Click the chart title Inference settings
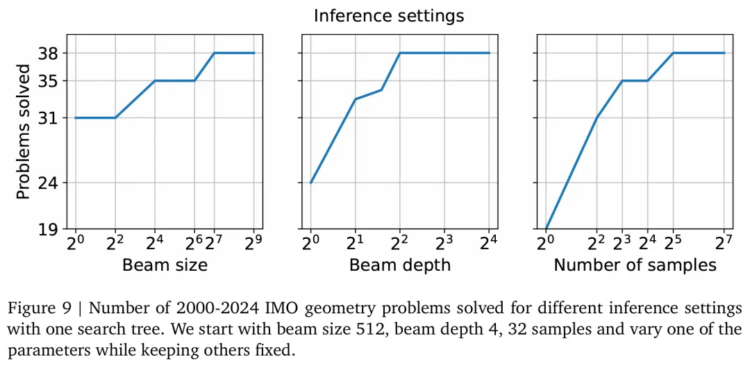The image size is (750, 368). point(388,15)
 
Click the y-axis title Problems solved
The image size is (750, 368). point(24,132)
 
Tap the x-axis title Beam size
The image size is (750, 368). point(165,265)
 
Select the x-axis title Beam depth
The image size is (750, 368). point(399,265)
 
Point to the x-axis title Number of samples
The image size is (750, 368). point(635,265)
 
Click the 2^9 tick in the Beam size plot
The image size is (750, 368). point(254,242)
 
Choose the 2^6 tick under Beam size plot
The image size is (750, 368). point(194,242)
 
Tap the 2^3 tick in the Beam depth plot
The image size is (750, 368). point(444,242)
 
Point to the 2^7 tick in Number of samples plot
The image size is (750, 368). point(724,242)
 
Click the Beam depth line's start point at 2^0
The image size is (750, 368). point(310,183)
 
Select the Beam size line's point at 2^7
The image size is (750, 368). point(215,53)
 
